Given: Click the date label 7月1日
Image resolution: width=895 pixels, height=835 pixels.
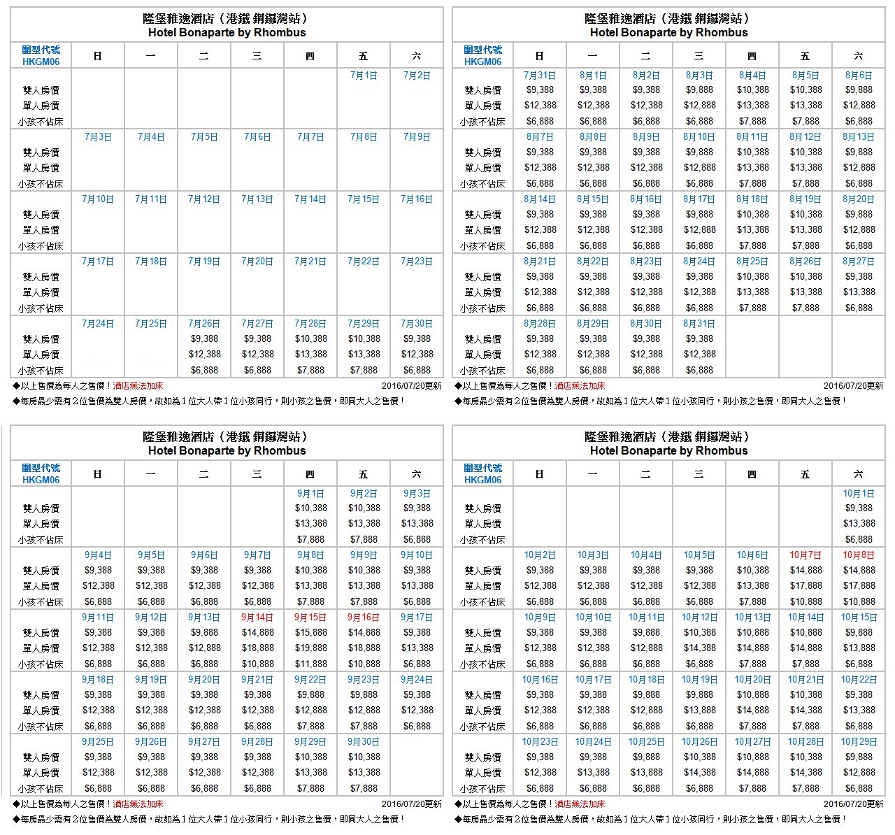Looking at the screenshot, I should point(364,75).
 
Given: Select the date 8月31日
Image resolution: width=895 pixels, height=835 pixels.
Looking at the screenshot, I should point(699,324).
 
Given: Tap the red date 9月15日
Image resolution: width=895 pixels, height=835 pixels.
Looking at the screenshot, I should point(310,618).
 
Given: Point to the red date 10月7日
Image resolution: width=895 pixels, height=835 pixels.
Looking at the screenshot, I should point(805,555).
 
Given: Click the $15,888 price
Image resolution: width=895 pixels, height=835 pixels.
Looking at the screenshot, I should point(310,633).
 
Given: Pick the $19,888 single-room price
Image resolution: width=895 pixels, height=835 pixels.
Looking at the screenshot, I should point(310,648).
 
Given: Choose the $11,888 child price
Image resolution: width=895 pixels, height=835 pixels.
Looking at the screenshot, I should point(310,664).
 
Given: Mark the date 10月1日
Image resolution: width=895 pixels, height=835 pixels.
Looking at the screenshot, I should point(859,493).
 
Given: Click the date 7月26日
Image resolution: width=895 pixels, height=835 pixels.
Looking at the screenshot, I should point(204,324).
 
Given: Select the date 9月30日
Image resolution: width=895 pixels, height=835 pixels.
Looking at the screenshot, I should point(364,742).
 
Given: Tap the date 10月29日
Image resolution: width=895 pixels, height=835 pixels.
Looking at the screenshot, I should point(859,742).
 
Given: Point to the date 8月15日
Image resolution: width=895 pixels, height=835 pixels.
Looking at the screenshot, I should point(593,199).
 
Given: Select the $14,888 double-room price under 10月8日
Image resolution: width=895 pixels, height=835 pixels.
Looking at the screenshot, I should point(859,571).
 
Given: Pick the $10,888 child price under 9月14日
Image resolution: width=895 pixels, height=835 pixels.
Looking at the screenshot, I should point(257,664).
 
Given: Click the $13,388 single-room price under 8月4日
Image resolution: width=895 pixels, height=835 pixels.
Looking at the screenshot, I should point(752,106).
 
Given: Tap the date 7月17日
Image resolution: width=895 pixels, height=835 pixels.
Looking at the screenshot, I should point(98,262).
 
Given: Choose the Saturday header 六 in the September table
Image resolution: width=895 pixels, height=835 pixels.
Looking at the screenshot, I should point(417,474).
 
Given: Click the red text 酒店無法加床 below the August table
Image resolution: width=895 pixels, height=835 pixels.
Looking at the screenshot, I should point(580,386).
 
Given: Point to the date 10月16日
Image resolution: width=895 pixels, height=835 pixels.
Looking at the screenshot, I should point(540,680).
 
